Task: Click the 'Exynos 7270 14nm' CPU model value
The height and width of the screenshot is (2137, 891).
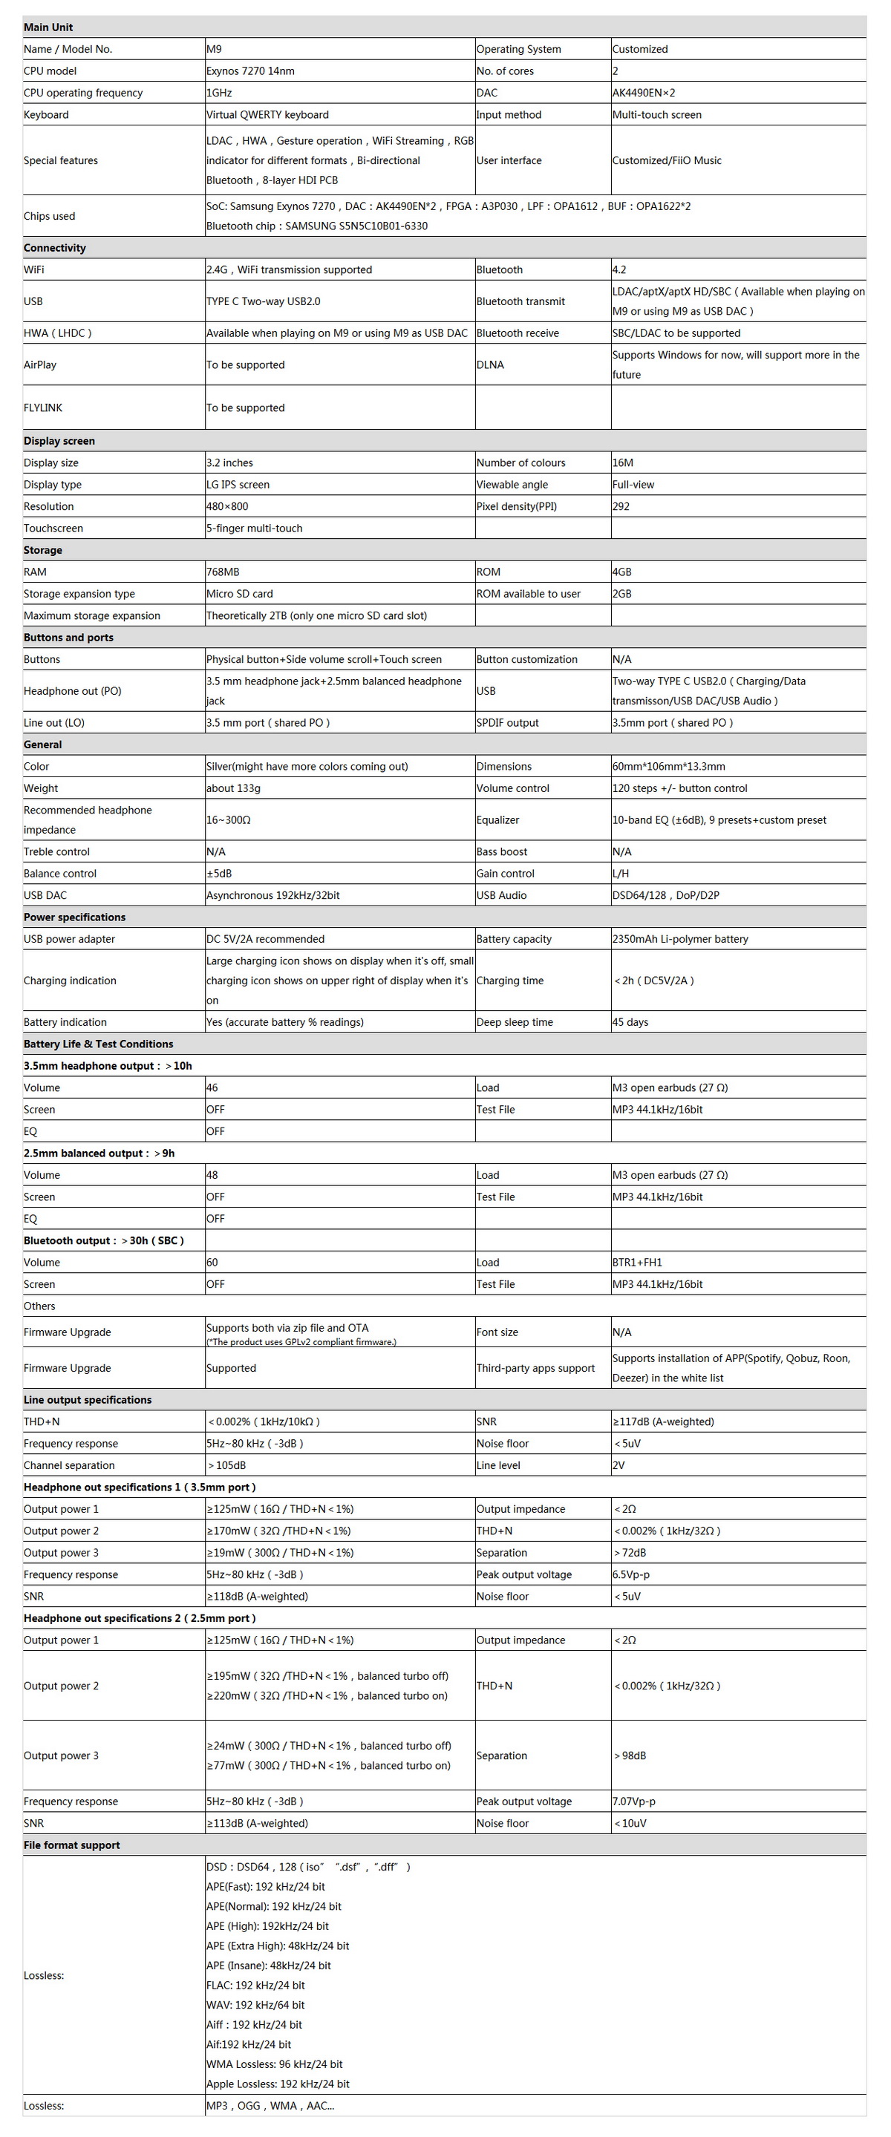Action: click(x=250, y=71)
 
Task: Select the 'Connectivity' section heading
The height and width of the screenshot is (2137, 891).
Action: click(x=55, y=247)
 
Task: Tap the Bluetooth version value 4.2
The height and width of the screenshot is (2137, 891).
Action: click(x=620, y=269)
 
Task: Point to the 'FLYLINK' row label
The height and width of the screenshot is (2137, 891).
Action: click(x=43, y=408)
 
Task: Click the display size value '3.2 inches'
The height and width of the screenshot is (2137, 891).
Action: click(x=229, y=462)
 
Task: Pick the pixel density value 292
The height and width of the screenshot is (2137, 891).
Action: click(x=621, y=506)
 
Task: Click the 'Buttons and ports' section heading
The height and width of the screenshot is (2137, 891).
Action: click(x=69, y=637)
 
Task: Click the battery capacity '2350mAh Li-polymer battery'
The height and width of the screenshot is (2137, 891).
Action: click(x=680, y=938)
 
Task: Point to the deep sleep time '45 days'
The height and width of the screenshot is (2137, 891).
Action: click(x=630, y=1021)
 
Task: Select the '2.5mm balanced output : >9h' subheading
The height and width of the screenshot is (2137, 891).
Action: click(x=99, y=1152)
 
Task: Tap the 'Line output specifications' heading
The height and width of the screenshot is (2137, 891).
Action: click(x=88, y=1398)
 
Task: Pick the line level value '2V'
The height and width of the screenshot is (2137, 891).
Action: click(x=619, y=1465)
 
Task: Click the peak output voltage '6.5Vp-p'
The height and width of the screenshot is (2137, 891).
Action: click(x=631, y=1574)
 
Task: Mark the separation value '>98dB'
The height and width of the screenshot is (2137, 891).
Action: click(x=630, y=1755)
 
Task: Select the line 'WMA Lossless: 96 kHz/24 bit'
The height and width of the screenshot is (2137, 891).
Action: click(x=275, y=2064)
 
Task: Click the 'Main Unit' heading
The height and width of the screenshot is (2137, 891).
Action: click(x=49, y=27)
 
